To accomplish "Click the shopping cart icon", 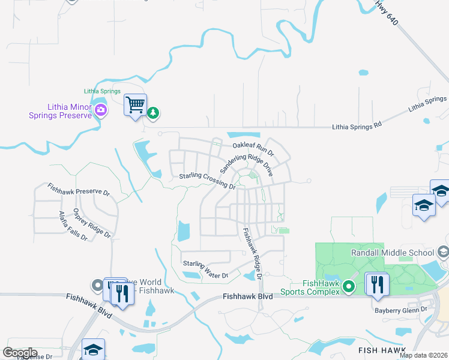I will point(135,105).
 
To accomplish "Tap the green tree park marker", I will point(154,112).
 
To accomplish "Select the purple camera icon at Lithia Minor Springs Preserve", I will point(101,110).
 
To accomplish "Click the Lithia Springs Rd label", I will point(357,127).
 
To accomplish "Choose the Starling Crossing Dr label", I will point(207,181).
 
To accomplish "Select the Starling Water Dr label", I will point(206,269).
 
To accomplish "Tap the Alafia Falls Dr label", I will point(73,226).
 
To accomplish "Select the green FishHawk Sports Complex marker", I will point(347,292).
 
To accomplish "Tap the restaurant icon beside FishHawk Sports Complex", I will point(377,284).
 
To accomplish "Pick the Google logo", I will point(20,353).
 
